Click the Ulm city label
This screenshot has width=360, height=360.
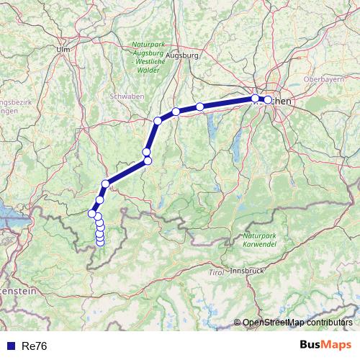click(x=63, y=50)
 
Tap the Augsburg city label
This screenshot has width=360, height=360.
click(x=181, y=55)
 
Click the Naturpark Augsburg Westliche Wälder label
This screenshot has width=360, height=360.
click(x=149, y=55)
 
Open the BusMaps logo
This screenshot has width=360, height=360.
click(x=325, y=345)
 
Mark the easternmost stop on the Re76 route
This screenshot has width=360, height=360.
click(x=268, y=100)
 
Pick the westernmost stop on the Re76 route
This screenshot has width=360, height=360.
click(x=92, y=213)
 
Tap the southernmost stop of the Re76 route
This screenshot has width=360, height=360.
click(x=100, y=243)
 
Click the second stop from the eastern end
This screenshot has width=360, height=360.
click(x=255, y=98)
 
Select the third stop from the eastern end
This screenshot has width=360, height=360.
click(x=200, y=107)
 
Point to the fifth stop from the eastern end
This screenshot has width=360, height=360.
click(x=158, y=121)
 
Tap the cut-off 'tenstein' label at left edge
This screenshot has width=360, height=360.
click(x=17, y=290)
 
